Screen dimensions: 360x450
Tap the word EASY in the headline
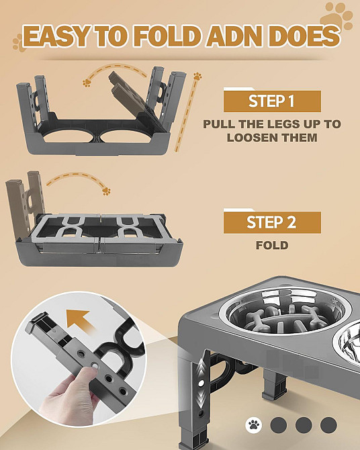[55, 36]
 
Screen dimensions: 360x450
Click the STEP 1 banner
[272, 101]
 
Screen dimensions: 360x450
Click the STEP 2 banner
[272, 222]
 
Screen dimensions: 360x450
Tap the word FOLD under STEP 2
[272, 245]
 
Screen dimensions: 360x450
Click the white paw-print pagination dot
[254, 425]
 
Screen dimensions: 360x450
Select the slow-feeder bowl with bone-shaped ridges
[284, 313]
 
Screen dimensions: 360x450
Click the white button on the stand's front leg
[201, 383]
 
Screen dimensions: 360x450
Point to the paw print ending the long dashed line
[197, 77]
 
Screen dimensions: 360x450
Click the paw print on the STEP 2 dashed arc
[106, 191]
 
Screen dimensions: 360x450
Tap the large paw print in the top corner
[336, 16]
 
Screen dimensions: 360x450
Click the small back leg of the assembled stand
[274, 385]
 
